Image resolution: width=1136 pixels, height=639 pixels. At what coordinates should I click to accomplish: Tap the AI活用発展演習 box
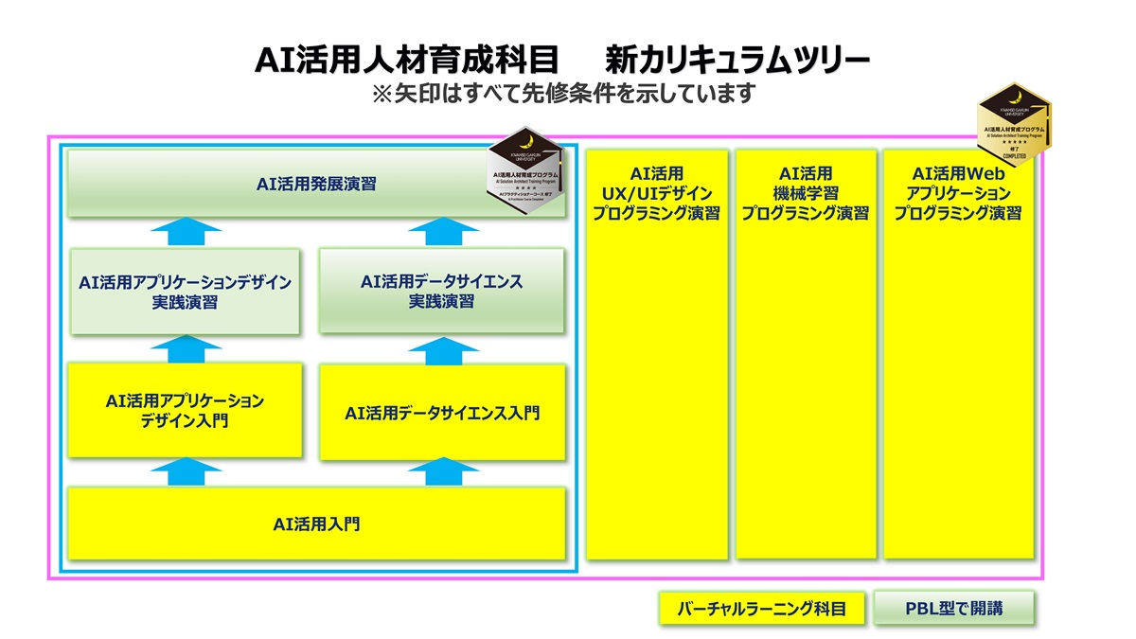tap(316, 184)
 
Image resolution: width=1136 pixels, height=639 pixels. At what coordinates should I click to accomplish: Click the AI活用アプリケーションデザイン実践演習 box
tap(186, 292)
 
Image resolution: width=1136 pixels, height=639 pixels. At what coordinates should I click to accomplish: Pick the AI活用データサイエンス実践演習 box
tap(441, 292)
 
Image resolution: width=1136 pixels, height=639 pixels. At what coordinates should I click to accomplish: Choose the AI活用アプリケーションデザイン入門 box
tap(186, 412)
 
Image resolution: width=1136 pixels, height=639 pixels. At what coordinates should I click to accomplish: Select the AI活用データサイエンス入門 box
tap(442, 414)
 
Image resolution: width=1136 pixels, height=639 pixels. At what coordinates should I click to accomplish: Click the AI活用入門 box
tap(316, 524)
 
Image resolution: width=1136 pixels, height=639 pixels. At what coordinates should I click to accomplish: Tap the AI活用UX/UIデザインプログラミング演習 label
tap(656, 193)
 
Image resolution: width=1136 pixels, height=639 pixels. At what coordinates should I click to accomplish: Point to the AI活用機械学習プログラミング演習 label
tap(805, 193)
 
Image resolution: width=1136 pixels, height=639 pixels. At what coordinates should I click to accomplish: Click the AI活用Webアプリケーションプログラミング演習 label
tap(958, 193)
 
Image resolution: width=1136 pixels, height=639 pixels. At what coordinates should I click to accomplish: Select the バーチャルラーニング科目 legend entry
tap(762, 609)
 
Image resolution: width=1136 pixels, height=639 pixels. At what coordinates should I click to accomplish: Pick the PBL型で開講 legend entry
tap(952, 609)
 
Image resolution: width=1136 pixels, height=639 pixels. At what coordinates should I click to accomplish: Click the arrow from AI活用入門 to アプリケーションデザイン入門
tap(186, 470)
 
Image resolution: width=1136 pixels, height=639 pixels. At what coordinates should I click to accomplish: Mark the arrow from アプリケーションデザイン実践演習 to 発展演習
tap(186, 232)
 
